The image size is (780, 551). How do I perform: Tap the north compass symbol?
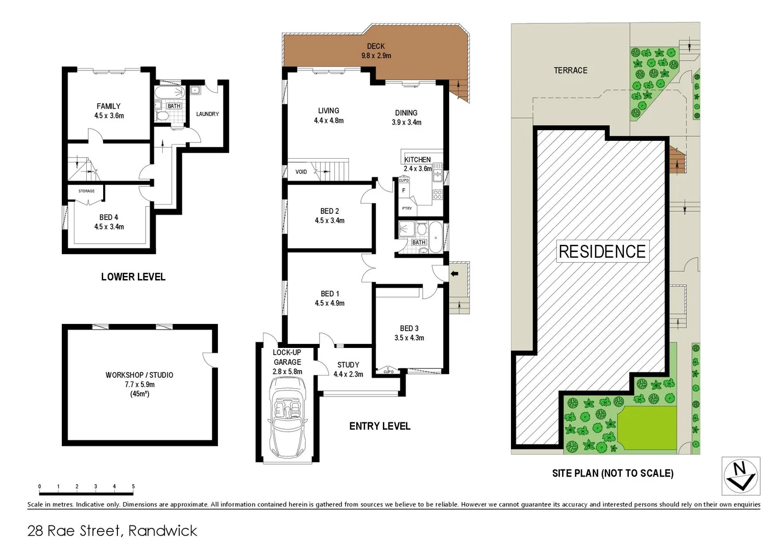(x=741, y=476)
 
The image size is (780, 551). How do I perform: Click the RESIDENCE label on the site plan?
(x=602, y=252)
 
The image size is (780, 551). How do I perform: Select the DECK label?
(x=376, y=46)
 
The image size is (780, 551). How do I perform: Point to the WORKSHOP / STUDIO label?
(x=139, y=375)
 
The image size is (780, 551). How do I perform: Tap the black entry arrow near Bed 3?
(x=454, y=274)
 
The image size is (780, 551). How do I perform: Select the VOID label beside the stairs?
(x=301, y=172)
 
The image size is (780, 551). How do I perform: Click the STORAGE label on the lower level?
(x=86, y=191)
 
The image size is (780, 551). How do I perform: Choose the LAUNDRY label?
(x=207, y=114)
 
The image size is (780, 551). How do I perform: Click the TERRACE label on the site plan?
(x=570, y=70)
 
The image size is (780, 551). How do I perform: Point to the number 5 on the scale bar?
(x=133, y=487)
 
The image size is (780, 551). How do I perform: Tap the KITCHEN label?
(x=418, y=160)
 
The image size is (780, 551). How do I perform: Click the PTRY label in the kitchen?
(x=407, y=209)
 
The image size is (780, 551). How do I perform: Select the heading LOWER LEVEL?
(x=133, y=277)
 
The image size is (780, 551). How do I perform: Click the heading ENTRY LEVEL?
(x=379, y=426)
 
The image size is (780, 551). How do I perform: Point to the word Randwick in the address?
(x=162, y=531)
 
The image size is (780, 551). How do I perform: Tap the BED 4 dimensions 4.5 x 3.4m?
(x=109, y=227)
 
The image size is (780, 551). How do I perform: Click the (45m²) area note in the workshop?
(x=139, y=394)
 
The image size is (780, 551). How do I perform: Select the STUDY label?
(x=348, y=365)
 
